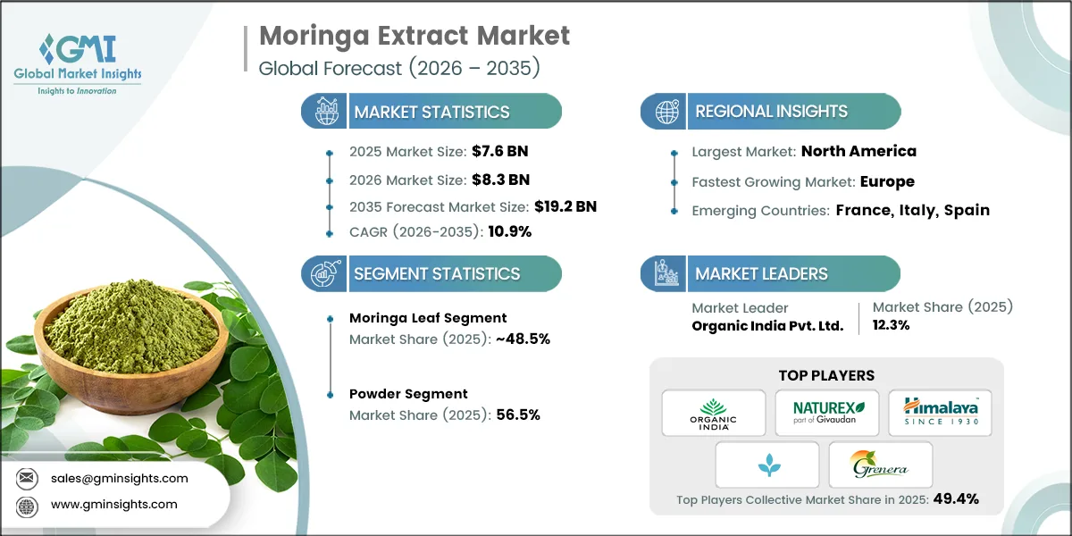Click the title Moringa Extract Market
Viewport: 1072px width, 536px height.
tap(414, 36)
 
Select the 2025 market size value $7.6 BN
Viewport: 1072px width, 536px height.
tap(499, 151)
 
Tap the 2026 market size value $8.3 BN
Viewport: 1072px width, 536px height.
tap(499, 180)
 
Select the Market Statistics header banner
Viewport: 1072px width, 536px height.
tap(431, 112)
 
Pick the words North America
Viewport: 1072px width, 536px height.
tap(858, 151)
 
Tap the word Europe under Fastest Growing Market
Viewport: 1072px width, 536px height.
tap(887, 181)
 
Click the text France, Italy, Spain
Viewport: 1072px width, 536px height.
tap(912, 211)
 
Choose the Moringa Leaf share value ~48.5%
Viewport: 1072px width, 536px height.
tap(518, 339)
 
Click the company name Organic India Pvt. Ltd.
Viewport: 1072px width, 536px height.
tap(767, 326)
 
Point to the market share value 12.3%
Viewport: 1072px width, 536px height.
tap(891, 326)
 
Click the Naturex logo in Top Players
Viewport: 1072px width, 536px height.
tap(826, 412)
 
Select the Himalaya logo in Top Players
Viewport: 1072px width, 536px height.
tap(940, 412)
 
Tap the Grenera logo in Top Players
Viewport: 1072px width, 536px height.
tap(880, 465)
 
